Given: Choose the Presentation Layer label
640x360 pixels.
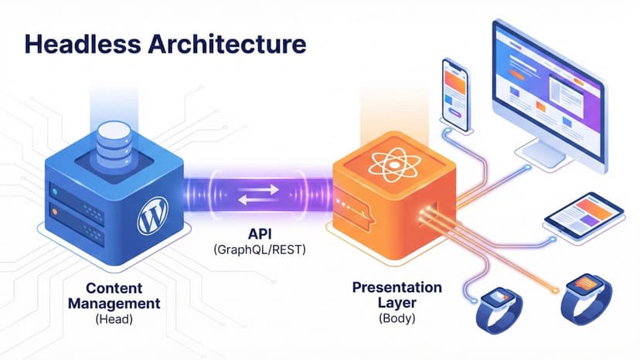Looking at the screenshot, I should coord(397,294).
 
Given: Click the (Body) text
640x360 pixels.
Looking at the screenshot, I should coord(397,318).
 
